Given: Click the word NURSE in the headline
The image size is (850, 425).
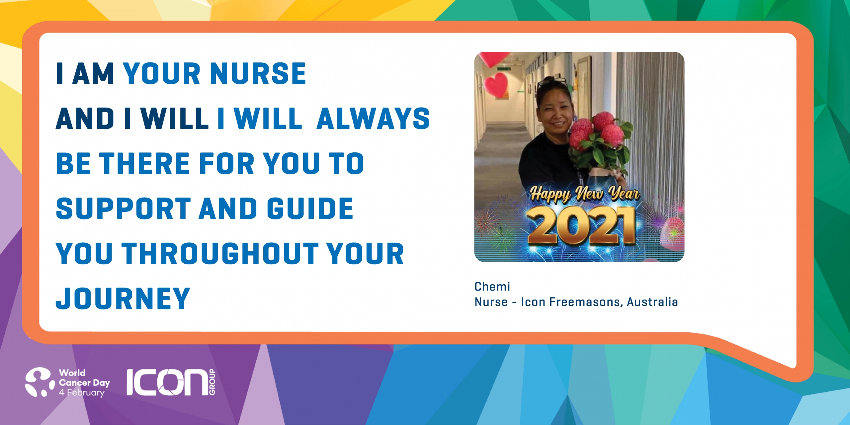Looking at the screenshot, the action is tap(258, 73).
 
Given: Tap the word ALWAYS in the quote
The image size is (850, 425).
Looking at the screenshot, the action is tap(373, 119).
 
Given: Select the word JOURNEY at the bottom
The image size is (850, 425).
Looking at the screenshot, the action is tap(123, 298).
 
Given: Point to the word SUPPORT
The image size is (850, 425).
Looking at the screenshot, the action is tap(124, 209).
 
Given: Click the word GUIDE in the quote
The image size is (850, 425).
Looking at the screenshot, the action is tap(310, 209).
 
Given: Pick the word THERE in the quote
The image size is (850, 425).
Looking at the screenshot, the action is tap(144, 163).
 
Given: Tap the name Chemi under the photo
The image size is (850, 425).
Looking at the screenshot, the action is tap(492, 286).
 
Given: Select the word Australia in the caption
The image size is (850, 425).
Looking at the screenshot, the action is tap(652, 302).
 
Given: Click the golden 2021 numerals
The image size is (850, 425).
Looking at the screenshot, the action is tap(581, 225).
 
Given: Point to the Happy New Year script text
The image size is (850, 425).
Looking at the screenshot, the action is tap(584, 194).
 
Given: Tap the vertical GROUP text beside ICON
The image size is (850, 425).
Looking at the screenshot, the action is tap(212, 382).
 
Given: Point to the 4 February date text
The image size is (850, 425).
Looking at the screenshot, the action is tap(82, 392).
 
